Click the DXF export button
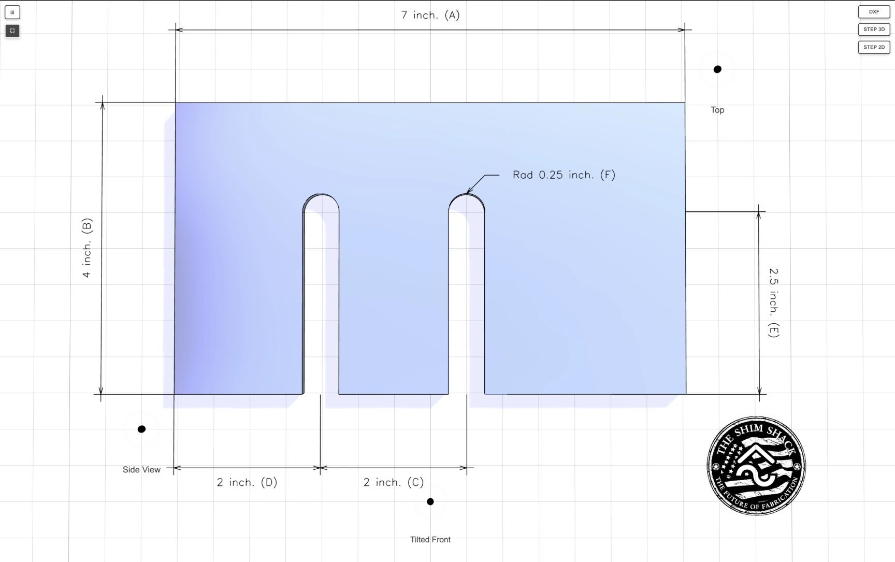[x=874, y=11]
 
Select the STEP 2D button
[x=874, y=47]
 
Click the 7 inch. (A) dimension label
[x=430, y=15]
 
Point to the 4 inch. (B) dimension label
[x=87, y=248]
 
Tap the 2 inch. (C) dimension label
[x=394, y=482]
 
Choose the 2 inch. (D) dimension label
[x=247, y=482]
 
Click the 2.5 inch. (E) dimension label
[x=774, y=302]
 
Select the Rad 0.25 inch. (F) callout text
[x=564, y=175]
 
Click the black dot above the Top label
[x=717, y=69]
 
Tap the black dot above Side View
[x=141, y=429]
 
